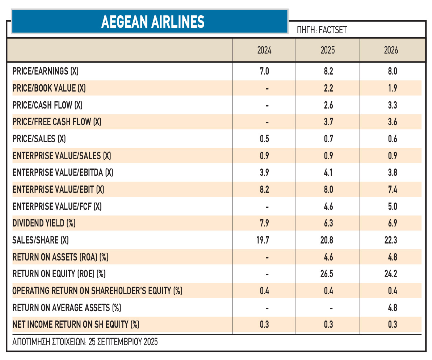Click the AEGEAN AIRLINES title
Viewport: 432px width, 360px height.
tap(152, 22)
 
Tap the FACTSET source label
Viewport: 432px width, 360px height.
tap(322, 30)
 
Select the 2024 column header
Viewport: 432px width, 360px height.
tap(264, 50)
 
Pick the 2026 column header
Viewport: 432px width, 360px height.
tap(391, 50)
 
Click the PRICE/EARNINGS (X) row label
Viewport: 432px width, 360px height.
tap(45, 71)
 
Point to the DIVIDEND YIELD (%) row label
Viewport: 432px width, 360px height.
tap(43, 223)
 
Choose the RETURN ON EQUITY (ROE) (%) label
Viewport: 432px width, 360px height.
tap(59, 274)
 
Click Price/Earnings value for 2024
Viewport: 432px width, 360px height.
tap(264, 71)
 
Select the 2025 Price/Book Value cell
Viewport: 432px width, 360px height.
tap(328, 88)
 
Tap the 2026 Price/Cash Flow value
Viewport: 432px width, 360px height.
tap(392, 105)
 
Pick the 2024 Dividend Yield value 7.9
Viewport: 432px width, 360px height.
tap(264, 223)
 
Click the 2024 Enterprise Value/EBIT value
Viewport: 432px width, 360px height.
tap(264, 189)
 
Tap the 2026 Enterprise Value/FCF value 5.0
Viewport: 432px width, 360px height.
tap(392, 207)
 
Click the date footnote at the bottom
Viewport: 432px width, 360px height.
tap(85, 342)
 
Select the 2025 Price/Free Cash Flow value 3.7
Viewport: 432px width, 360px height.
tap(328, 122)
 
